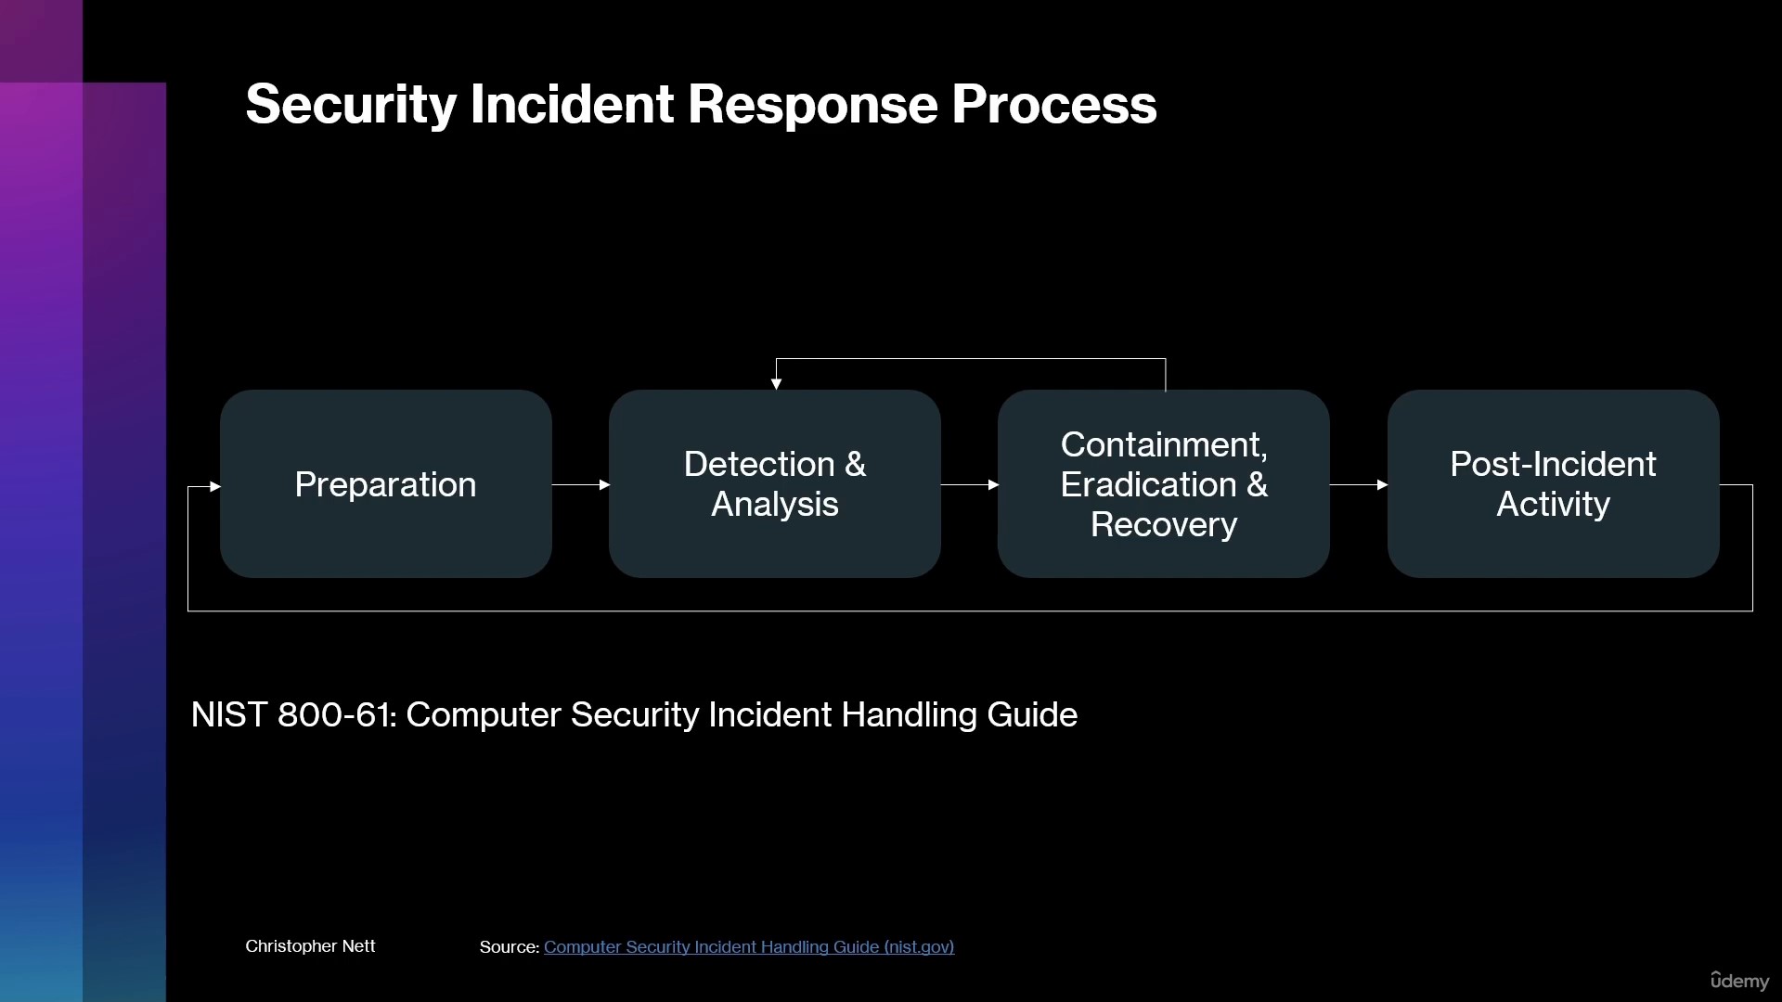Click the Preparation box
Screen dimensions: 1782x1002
point(386,484)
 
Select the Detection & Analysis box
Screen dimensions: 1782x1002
point(775,484)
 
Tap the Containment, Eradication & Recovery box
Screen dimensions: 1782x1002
point(1164,484)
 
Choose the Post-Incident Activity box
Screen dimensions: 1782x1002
point(1554,484)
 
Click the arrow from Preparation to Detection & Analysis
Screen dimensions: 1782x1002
point(581,484)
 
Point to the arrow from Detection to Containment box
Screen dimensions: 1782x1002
point(970,484)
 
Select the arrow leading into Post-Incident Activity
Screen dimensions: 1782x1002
point(1359,484)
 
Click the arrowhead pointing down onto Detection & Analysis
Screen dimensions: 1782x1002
point(776,384)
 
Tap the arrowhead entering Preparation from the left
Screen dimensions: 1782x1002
point(215,486)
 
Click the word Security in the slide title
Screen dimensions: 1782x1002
point(351,104)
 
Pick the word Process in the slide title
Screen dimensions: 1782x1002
point(1054,104)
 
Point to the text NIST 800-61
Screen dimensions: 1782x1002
point(293,714)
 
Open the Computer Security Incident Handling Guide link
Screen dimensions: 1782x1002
point(749,946)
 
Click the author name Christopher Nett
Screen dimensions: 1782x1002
point(310,945)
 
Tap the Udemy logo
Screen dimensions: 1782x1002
point(1739,981)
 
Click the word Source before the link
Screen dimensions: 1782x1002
point(509,946)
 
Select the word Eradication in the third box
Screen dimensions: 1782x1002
point(1149,484)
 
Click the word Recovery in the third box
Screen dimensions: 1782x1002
point(1164,525)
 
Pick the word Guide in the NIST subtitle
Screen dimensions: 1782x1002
point(1032,714)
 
